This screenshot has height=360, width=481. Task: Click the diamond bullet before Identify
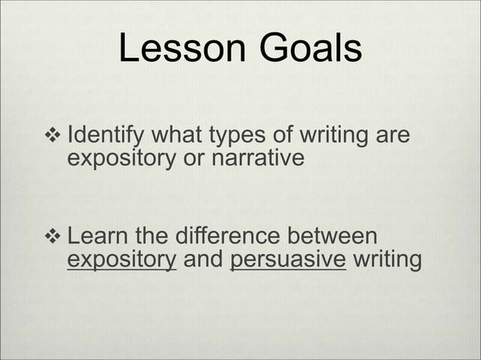54,138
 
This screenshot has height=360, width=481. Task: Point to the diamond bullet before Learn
54,237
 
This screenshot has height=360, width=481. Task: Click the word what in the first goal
179,139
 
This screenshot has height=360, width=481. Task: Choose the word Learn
95,237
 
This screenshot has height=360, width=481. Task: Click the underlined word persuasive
289,261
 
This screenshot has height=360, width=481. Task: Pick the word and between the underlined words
204,260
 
